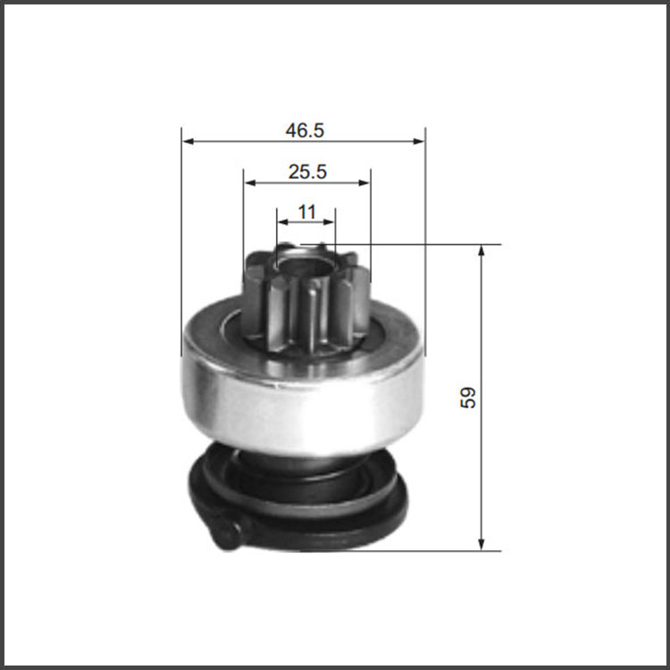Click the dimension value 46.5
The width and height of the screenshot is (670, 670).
tap(305, 130)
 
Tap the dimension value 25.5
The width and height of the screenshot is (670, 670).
tap(307, 172)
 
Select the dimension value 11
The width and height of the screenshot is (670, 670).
tap(306, 212)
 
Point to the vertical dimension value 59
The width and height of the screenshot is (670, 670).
tap(468, 398)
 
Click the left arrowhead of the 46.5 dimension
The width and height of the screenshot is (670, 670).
tap(188, 141)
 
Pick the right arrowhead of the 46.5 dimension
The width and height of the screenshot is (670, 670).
tap(419, 141)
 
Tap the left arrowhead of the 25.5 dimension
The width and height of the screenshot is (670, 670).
tap(250, 183)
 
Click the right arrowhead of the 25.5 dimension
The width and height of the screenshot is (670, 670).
tap(364, 183)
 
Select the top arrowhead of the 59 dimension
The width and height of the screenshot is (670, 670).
tap(482, 251)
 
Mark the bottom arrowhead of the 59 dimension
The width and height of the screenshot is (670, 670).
tap(482, 544)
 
